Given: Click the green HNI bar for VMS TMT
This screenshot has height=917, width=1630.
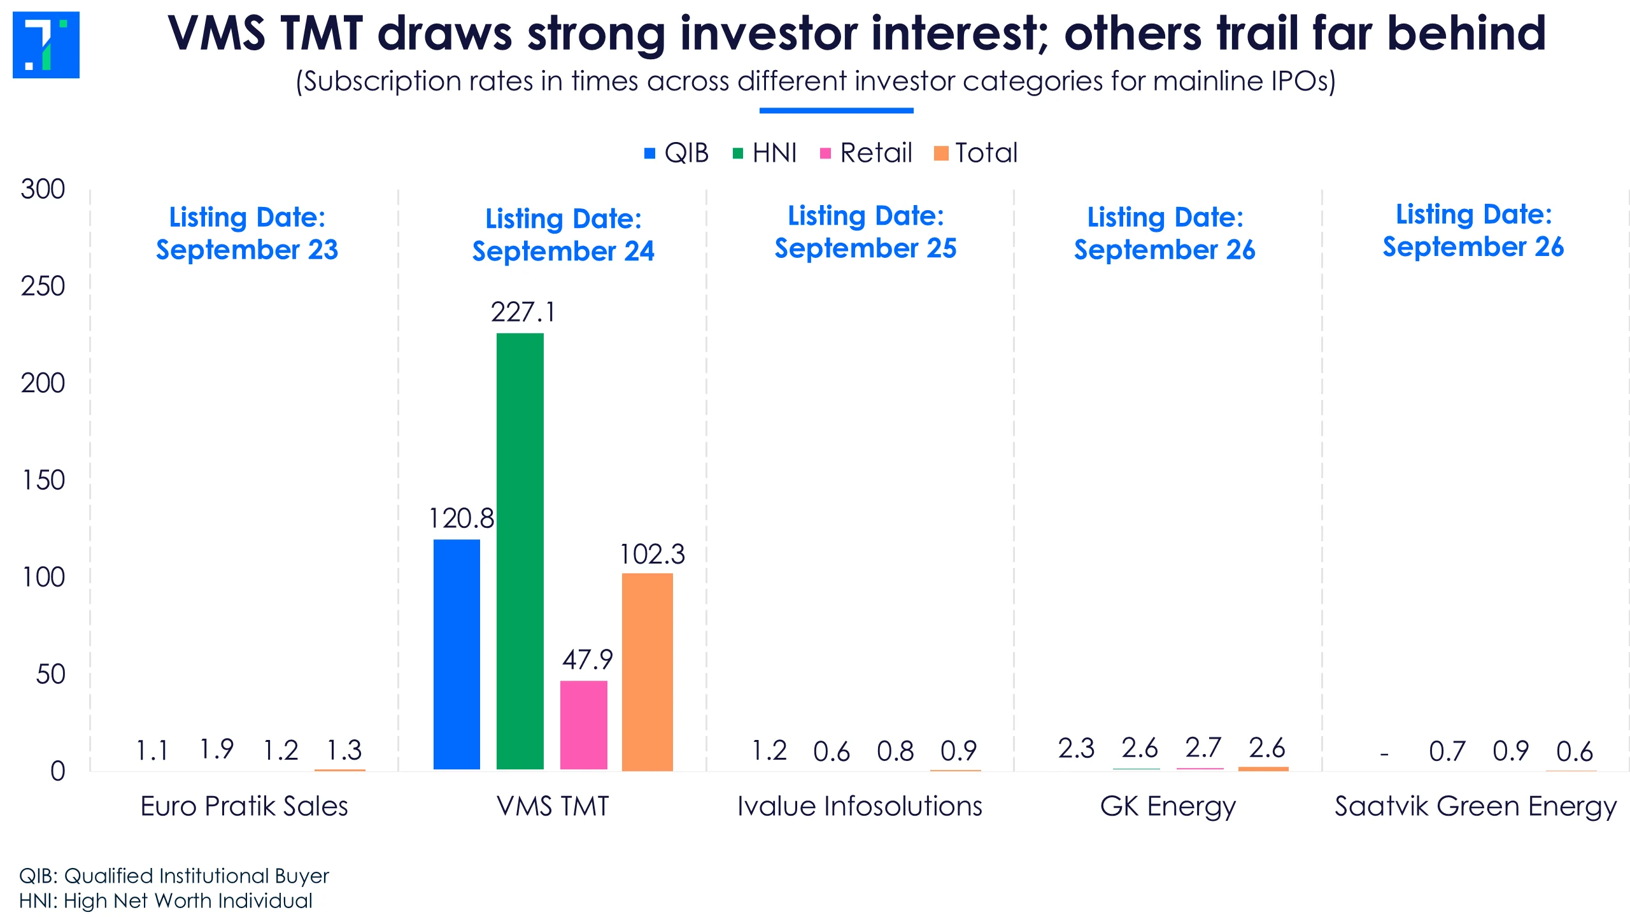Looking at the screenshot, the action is tap(520, 551).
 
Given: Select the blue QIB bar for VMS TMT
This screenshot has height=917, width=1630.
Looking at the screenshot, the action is tap(457, 655).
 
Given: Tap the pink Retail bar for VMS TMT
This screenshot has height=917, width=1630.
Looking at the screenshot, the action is tap(584, 725).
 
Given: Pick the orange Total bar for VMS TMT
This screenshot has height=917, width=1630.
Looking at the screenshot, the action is tap(647, 672).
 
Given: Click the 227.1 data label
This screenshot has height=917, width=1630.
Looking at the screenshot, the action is tap(523, 312).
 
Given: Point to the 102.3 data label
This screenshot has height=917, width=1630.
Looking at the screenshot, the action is tap(652, 554).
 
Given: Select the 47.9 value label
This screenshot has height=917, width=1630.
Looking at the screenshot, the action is tap(587, 660).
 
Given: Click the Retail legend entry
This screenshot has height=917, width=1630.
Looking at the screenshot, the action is tap(866, 153).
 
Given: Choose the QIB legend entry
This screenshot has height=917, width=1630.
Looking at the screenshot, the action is tap(676, 153).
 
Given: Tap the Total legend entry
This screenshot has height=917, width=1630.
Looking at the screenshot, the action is tap(975, 153).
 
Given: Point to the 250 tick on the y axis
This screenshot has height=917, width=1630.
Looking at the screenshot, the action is tap(43, 287).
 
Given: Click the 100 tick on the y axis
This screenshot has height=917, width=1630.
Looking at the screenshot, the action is tap(43, 578).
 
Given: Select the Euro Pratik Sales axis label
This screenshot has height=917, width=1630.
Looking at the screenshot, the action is tap(244, 806).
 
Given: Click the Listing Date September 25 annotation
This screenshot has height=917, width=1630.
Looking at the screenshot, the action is tap(865, 232).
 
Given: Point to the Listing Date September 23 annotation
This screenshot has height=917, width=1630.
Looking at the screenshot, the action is tap(247, 233).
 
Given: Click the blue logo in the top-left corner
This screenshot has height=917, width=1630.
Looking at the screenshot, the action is tap(46, 45).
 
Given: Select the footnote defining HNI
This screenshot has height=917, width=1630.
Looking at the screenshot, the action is tap(166, 900).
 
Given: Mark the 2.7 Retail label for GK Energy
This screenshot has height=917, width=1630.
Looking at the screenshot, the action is tap(1203, 748).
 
